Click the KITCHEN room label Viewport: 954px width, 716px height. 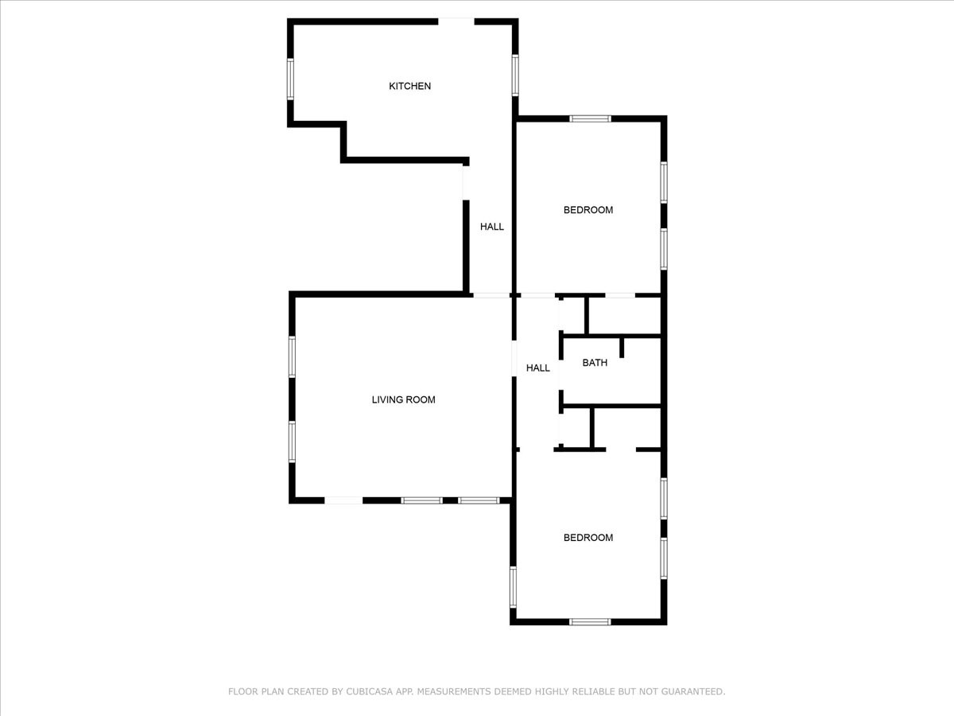point(409,86)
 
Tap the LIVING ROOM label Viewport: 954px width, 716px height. point(403,399)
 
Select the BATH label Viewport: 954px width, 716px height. point(595,363)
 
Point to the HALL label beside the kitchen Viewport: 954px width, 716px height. point(491,227)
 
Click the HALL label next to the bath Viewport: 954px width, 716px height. point(538,368)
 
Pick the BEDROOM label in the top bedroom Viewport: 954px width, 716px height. point(588,210)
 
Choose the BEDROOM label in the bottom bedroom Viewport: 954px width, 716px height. point(588,538)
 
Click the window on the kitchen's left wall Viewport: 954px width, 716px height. point(291,78)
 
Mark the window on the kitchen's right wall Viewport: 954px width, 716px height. point(515,74)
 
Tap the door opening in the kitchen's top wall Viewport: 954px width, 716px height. point(456,21)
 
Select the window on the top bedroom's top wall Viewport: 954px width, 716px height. point(590,119)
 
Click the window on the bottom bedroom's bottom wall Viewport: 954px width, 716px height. point(590,621)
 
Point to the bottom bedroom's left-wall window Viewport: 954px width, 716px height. point(513,586)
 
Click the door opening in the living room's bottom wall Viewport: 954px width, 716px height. point(343,500)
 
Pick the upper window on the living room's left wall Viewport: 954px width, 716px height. point(292,356)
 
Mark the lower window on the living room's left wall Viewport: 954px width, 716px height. point(292,442)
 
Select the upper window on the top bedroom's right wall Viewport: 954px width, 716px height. point(663,183)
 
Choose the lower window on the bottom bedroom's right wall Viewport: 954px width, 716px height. point(663,558)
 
